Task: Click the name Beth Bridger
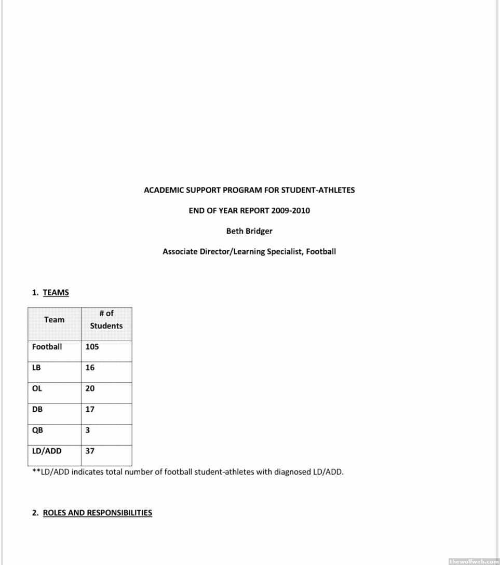(249, 231)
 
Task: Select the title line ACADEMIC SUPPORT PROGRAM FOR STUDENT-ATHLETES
(249, 190)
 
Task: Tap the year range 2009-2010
(291, 211)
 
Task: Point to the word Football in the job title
(321, 252)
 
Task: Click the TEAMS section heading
(56, 292)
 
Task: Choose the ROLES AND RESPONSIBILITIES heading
(97, 513)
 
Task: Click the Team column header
(55, 320)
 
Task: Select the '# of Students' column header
(106, 320)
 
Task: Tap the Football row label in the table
(47, 347)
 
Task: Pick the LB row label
(36, 368)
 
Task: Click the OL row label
(37, 388)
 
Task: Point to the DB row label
(37, 409)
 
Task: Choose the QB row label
(37, 430)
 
